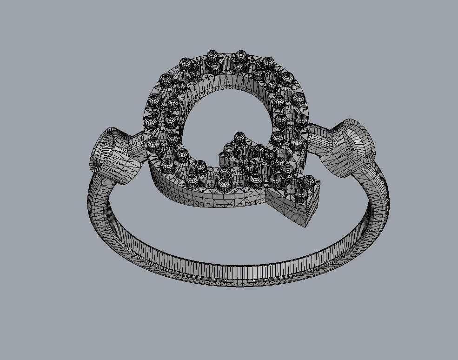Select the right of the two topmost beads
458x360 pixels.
[x=241, y=56]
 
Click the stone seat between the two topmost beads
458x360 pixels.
[x=227, y=62]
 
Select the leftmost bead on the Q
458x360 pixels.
[x=150, y=122]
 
